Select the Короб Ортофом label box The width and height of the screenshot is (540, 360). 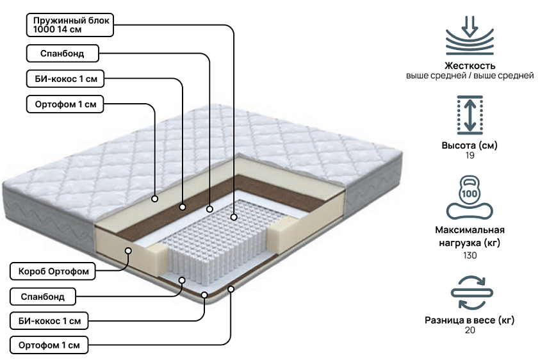point(53,271)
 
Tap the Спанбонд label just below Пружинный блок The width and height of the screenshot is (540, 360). point(62,53)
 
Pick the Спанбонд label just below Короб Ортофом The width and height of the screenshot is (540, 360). point(43,297)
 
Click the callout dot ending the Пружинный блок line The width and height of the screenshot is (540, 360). point(234,217)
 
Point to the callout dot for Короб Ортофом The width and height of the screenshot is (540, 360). point(128,250)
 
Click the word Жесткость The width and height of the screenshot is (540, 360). point(470,65)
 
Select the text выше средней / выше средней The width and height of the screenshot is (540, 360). point(470,76)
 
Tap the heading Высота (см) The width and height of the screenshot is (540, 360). point(470,145)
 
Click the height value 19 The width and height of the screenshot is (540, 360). point(470,156)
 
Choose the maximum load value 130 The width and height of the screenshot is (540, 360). point(470,256)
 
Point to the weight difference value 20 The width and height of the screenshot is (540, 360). point(470,330)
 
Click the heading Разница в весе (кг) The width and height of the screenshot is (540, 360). point(470,320)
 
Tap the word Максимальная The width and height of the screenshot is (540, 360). point(470,230)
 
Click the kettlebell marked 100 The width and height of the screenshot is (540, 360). point(470,190)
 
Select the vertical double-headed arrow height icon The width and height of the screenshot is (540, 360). point(470,115)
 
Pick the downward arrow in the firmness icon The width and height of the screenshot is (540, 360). point(470,26)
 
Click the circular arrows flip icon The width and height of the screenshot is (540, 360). point(472,293)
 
